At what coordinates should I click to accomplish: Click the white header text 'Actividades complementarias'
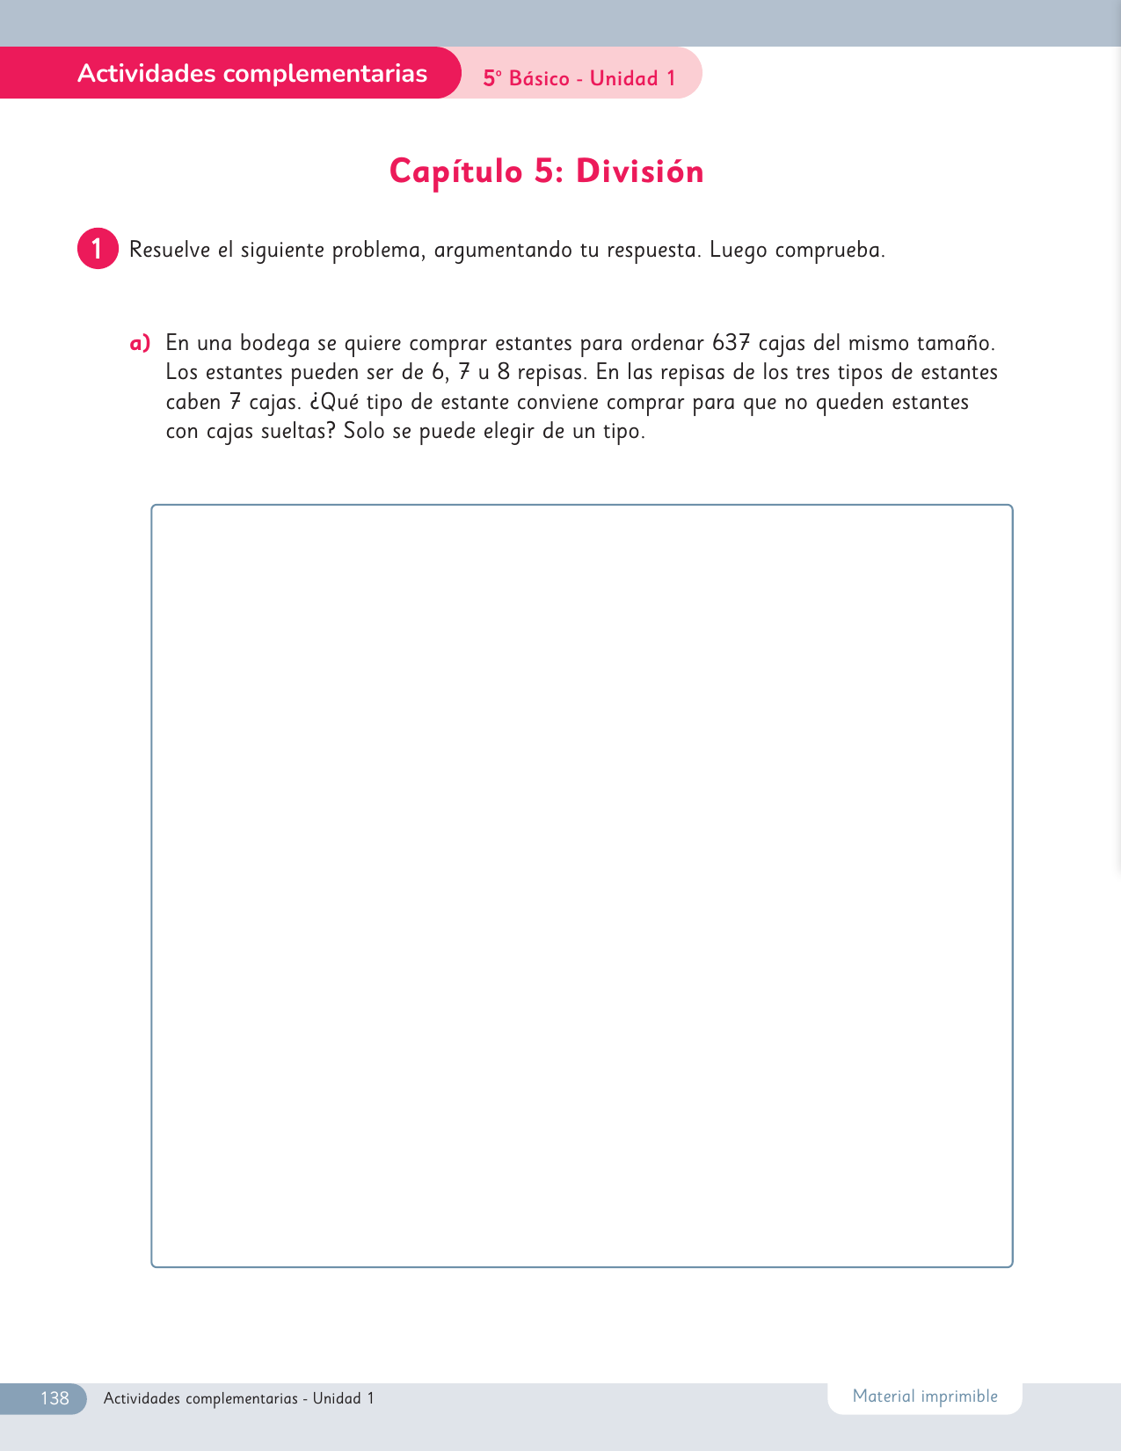[252, 73]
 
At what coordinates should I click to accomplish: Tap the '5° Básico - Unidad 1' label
[579, 78]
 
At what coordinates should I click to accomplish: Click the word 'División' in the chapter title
[639, 171]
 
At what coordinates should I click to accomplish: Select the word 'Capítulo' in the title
[455, 171]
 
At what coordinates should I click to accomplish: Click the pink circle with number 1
[98, 249]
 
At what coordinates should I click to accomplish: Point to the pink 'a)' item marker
[140, 343]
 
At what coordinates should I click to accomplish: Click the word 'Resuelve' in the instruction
[170, 250]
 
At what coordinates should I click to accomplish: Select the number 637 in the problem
[731, 343]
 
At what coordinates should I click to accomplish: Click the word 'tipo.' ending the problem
[623, 432]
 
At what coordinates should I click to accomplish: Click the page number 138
[55, 1398]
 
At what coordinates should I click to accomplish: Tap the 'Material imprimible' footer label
[925, 1396]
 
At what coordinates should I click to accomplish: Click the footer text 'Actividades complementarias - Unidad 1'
[239, 1398]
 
